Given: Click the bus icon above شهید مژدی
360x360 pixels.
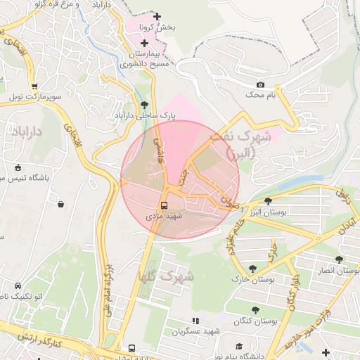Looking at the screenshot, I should (164, 206).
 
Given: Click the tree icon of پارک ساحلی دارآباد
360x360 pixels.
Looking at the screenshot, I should (145, 105).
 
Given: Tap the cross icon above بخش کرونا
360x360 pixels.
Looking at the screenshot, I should (157, 16).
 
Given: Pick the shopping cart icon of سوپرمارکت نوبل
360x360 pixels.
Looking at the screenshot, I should (34, 86).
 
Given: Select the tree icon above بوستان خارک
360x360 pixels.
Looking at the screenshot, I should (252, 269).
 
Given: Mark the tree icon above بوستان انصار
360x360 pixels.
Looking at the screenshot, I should (339, 259).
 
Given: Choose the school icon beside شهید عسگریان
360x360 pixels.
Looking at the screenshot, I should (175, 330).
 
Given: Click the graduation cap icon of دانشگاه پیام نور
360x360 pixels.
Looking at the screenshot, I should (239, 347).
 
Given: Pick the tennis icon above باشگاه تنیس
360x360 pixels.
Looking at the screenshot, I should (18, 168).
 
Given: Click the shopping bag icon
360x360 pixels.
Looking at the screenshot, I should (61, 205).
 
